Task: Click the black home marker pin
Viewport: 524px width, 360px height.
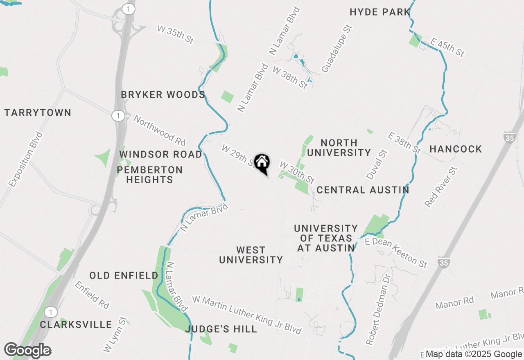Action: [262, 163]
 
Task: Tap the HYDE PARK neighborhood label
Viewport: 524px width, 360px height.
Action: [380, 12]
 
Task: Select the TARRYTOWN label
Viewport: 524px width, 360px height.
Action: [38, 112]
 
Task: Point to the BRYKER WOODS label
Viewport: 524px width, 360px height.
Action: [163, 95]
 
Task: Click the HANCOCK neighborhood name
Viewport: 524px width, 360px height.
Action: [456, 149]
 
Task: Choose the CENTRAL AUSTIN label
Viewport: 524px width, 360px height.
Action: [363, 190]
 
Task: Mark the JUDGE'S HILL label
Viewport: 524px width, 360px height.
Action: [221, 329]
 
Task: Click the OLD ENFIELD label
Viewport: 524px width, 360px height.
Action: [124, 275]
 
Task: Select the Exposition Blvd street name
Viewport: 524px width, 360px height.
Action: [25, 160]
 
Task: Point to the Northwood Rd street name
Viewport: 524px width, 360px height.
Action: [160, 130]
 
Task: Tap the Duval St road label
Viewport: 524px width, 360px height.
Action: [377, 164]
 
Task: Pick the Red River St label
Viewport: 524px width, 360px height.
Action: [440, 187]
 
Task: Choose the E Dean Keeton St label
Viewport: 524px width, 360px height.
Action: [396, 253]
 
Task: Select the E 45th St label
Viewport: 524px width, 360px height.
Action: [447, 47]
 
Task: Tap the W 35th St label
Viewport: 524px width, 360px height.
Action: [175, 34]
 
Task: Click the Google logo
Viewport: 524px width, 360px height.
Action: [28, 351]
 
